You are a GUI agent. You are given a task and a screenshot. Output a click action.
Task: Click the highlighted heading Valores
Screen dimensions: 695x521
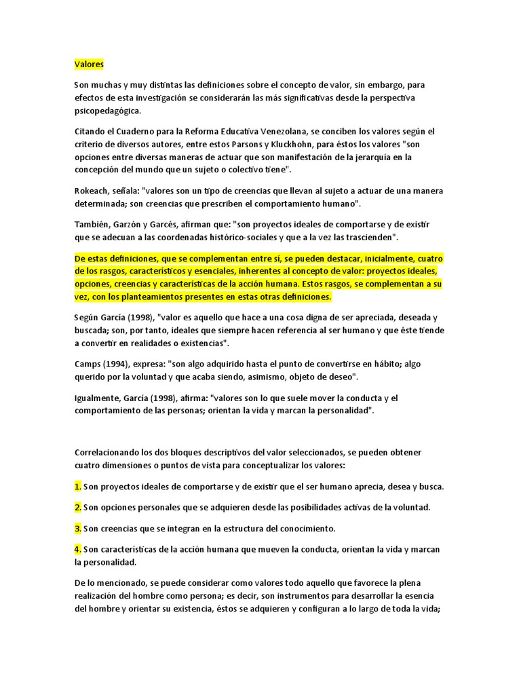(x=89, y=64)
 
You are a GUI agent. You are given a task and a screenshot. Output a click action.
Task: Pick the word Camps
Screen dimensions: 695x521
(x=89, y=363)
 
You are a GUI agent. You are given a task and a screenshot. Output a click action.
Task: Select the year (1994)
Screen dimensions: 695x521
(x=123, y=363)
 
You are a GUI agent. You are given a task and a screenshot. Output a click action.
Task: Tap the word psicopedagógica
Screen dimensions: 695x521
(x=109, y=111)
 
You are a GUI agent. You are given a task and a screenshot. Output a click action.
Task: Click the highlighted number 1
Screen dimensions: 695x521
(x=77, y=487)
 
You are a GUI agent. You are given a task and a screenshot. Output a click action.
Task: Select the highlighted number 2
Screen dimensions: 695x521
(x=77, y=507)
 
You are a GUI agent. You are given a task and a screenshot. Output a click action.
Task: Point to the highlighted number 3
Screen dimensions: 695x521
(x=77, y=527)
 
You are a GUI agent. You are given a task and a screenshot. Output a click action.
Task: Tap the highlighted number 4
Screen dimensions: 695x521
(x=77, y=548)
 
